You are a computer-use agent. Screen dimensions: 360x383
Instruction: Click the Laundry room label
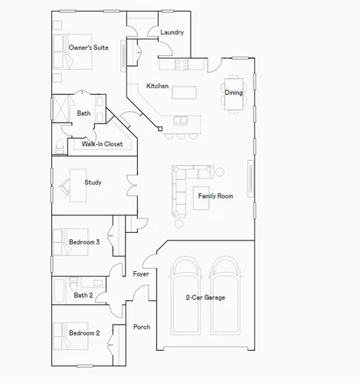pyautogui.click(x=172, y=32)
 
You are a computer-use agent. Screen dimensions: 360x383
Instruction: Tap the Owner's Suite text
pyautogui.click(x=88, y=47)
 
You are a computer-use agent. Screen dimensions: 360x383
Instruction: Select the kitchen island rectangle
pyautogui.click(x=184, y=93)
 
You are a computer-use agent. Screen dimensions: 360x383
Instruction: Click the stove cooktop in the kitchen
pyautogui.click(x=182, y=64)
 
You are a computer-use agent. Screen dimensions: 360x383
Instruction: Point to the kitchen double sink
pyautogui.click(x=180, y=120)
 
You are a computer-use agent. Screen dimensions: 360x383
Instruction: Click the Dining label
pyautogui.click(x=234, y=93)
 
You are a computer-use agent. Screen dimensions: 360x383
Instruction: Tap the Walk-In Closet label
pyautogui.click(x=102, y=144)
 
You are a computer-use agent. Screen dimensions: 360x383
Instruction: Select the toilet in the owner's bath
pyautogui.click(x=60, y=146)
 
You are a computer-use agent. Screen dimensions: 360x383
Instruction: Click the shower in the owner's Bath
pyautogui.click(x=61, y=108)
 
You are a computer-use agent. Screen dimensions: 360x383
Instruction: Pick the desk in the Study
pyautogui.click(x=78, y=185)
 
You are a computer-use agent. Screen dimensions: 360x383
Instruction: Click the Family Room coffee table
pyautogui.click(x=201, y=198)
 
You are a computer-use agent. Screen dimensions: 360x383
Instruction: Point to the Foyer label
pyautogui.click(x=141, y=274)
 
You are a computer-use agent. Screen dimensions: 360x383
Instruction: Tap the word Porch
pyautogui.click(x=142, y=327)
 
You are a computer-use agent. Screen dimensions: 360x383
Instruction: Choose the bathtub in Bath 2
pyautogui.click(x=59, y=290)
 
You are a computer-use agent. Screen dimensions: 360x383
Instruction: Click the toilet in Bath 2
pyautogui.click(x=74, y=283)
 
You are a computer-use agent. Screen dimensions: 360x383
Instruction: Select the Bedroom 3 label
pyautogui.click(x=84, y=242)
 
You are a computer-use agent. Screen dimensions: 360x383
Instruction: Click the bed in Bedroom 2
pyautogui.click(x=70, y=336)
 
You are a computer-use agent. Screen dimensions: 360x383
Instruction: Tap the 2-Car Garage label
pyautogui.click(x=205, y=297)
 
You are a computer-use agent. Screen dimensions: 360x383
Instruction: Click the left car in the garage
pyautogui.click(x=185, y=296)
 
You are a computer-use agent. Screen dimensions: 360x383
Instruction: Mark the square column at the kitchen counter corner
pyautogui.click(x=160, y=129)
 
